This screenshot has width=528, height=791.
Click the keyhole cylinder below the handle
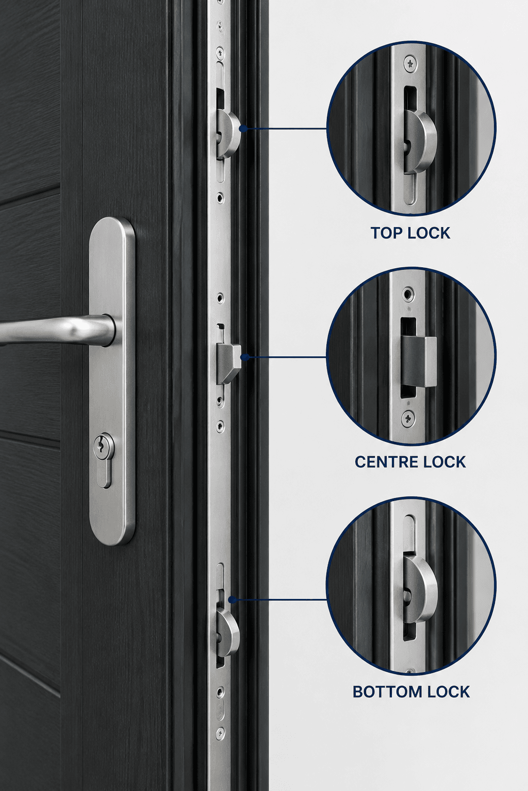[104, 459]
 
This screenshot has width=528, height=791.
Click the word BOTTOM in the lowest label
[387, 692]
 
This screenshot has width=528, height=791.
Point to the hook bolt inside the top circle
[419, 141]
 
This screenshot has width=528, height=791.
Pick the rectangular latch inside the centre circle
[419, 361]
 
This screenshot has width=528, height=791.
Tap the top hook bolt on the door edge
[228, 133]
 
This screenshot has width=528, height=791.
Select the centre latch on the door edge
[228, 364]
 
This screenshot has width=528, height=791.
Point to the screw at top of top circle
[410, 64]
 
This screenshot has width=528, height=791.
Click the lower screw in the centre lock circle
[409, 418]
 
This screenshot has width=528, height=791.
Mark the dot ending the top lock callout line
[243, 129]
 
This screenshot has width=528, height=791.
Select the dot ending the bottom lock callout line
[232, 599]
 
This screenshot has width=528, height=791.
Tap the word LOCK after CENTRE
[447, 462]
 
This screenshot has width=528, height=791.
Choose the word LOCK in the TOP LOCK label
[428, 233]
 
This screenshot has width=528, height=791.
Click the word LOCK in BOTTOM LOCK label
[448, 692]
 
